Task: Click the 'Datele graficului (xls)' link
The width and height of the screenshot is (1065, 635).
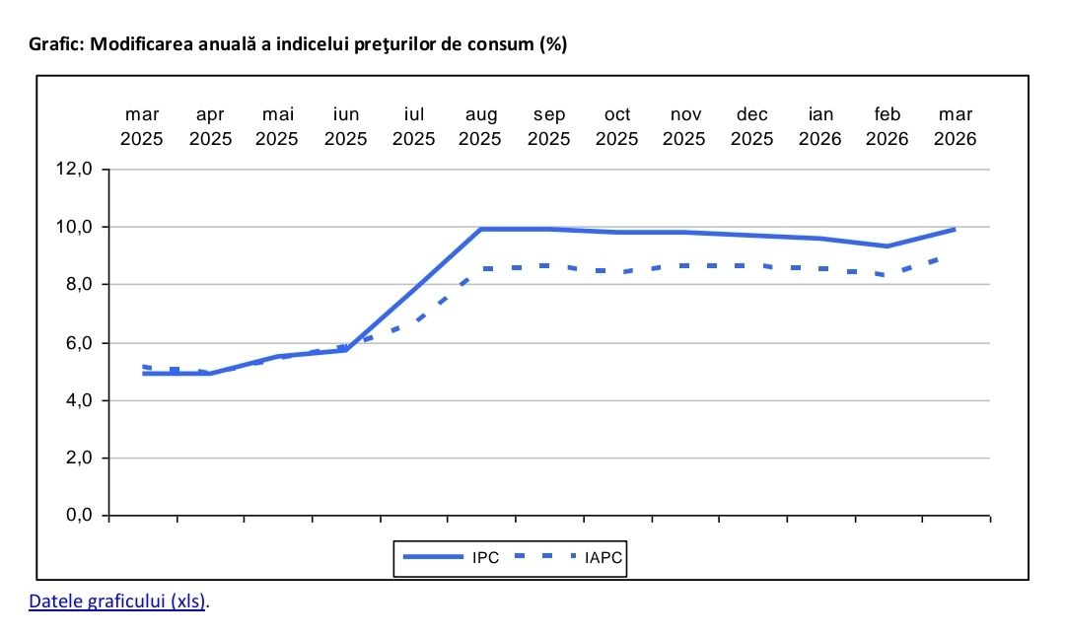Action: click(x=118, y=600)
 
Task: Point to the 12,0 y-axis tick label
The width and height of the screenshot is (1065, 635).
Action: click(x=75, y=170)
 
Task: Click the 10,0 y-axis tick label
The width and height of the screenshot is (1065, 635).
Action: click(x=75, y=228)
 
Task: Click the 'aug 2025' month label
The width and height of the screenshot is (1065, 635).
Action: click(x=481, y=127)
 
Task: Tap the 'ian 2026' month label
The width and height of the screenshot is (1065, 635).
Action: click(x=820, y=127)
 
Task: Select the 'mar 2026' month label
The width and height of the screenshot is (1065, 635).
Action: click(x=956, y=127)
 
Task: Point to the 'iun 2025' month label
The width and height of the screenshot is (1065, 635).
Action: click(x=346, y=127)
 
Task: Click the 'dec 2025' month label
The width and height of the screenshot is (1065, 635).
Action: click(x=752, y=127)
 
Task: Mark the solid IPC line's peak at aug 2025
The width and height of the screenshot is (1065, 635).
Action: click(x=481, y=230)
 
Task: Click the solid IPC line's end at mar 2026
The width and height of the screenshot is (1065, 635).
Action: click(x=955, y=230)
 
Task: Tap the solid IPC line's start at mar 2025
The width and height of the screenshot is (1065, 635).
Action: click(x=144, y=374)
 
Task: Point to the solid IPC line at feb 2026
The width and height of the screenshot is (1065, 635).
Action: click(x=887, y=247)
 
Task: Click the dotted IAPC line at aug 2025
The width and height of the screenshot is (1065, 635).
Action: click(x=481, y=269)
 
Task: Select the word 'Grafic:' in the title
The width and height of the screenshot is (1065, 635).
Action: click(x=56, y=44)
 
